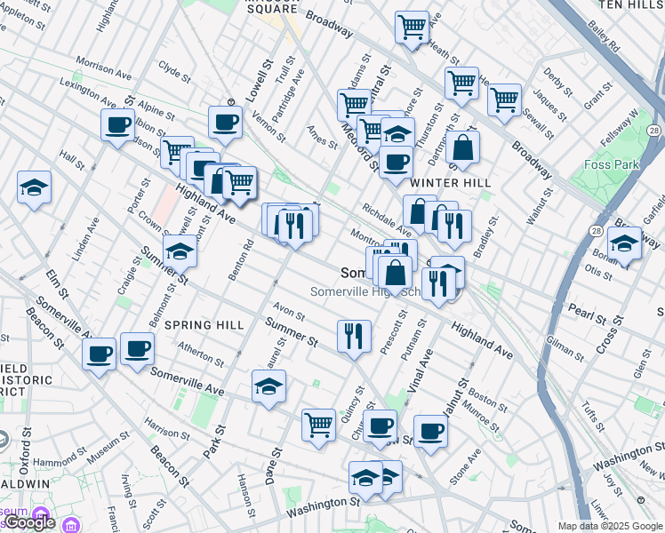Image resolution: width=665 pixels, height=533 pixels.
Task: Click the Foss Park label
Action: (x=613, y=164)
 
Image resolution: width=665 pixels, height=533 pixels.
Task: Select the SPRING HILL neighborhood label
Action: (x=204, y=325)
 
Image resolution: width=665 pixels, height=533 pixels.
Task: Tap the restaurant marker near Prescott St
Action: (x=354, y=336)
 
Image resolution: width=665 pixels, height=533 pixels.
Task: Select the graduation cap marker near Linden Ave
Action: (x=34, y=187)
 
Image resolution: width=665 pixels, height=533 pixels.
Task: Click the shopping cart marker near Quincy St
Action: (x=318, y=423)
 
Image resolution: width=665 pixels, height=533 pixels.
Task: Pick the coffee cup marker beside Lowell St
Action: (x=225, y=121)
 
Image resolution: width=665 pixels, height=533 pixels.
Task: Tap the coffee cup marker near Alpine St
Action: (x=117, y=124)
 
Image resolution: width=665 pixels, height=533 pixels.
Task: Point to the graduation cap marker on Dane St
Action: (x=268, y=386)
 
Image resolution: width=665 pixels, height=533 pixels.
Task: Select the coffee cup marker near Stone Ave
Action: (x=430, y=431)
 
